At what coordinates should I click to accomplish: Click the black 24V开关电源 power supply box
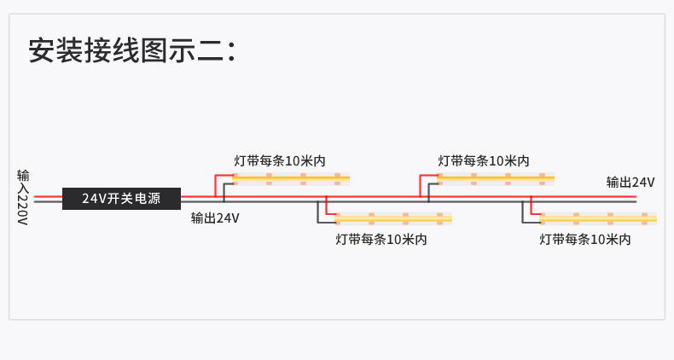[x=122, y=199]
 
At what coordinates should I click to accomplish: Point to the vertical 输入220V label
[x=23, y=197]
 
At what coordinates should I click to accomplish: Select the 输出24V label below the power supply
[x=215, y=218]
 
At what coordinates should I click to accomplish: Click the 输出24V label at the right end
[x=630, y=182]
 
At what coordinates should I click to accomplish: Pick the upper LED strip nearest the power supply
[x=290, y=179]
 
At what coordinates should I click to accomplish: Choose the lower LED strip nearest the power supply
[x=393, y=218]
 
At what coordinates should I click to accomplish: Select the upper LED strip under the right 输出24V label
[x=496, y=179]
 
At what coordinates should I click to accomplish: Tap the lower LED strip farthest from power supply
[x=598, y=218]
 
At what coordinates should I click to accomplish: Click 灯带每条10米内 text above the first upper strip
[x=280, y=160]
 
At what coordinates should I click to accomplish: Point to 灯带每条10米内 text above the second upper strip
[x=484, y=160]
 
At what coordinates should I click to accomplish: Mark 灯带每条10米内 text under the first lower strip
[x=381, y=240]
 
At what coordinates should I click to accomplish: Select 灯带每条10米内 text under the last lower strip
[x=585, y=240]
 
